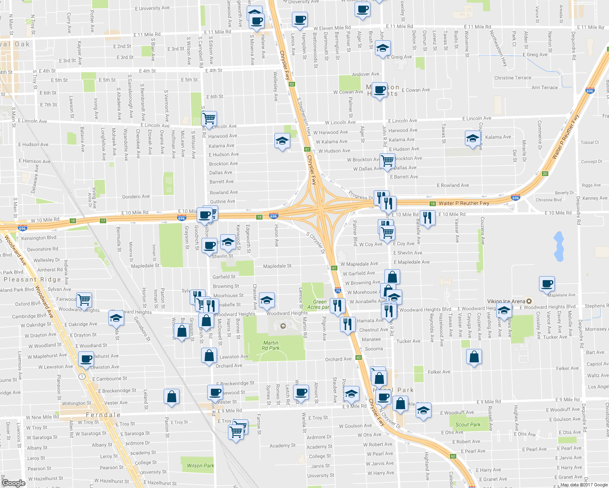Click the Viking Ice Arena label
(506, 301)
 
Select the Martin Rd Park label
(271, 345)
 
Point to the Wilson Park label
(200, 466)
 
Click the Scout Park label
(468, 425)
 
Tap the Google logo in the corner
(13, 483)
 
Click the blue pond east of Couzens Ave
(559, 246)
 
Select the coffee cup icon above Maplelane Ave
(547, 283)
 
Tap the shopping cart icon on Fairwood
(84, 300)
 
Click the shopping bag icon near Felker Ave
(474, 357)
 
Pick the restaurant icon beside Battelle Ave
(427, 218)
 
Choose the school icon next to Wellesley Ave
(282, 141)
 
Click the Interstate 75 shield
(337, 290)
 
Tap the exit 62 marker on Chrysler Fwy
(291, 84)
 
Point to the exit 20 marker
(545, 174)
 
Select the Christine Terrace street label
(513, 78)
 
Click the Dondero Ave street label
(136, 196)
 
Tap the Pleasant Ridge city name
(32, 279)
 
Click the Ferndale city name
(103, 415)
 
